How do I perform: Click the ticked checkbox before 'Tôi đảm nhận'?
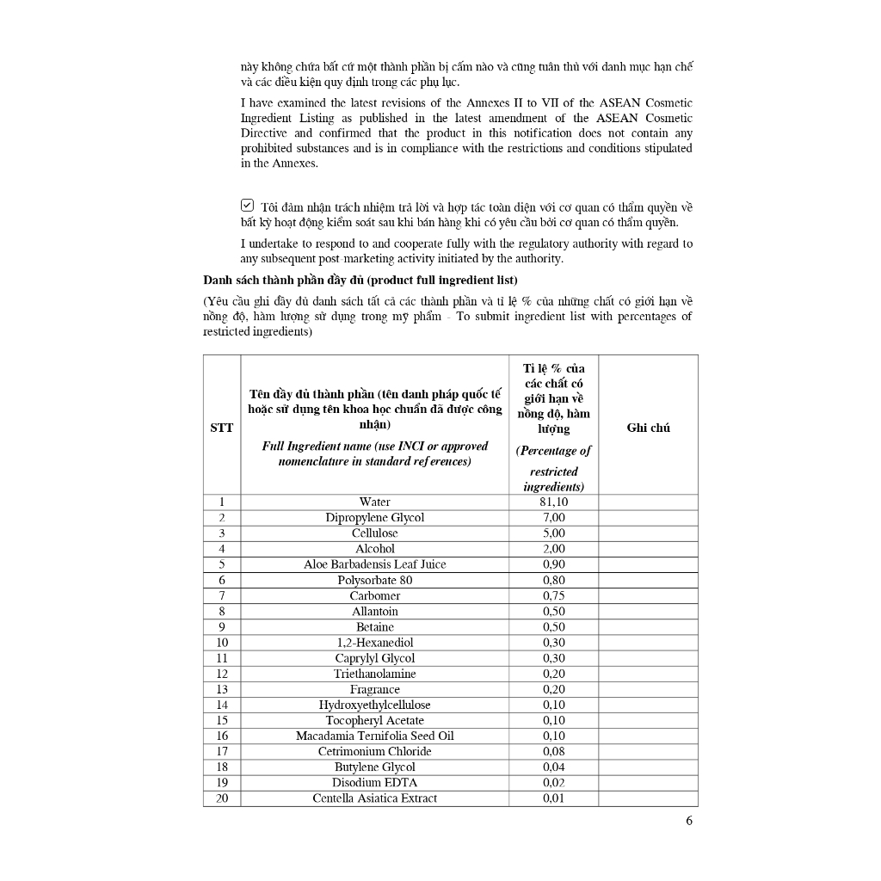coord(247,206)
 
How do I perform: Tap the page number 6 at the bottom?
coord(689,820)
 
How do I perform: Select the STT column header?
coord(221,428)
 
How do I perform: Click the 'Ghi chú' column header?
coord(649,428)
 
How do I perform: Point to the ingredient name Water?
coord(374,502)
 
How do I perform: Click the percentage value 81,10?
coord(553,502)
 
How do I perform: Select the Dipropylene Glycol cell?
coord(374,517)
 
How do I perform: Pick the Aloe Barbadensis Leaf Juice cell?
coord(374,564)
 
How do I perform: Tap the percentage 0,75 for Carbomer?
coord(553,595)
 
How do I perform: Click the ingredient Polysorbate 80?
coord(374,580)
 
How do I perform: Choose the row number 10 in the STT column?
coord(221,643)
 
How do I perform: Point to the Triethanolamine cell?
coord(374,674)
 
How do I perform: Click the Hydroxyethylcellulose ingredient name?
coord(374,705)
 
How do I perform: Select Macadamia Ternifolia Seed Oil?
coord(374,736)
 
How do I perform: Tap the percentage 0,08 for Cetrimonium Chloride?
coord(553,751)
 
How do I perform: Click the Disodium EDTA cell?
coord(374,782)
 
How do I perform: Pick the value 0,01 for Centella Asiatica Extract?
coord(553,798)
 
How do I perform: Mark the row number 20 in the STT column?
coord(221,798)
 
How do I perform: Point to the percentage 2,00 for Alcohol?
coord(553,548)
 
